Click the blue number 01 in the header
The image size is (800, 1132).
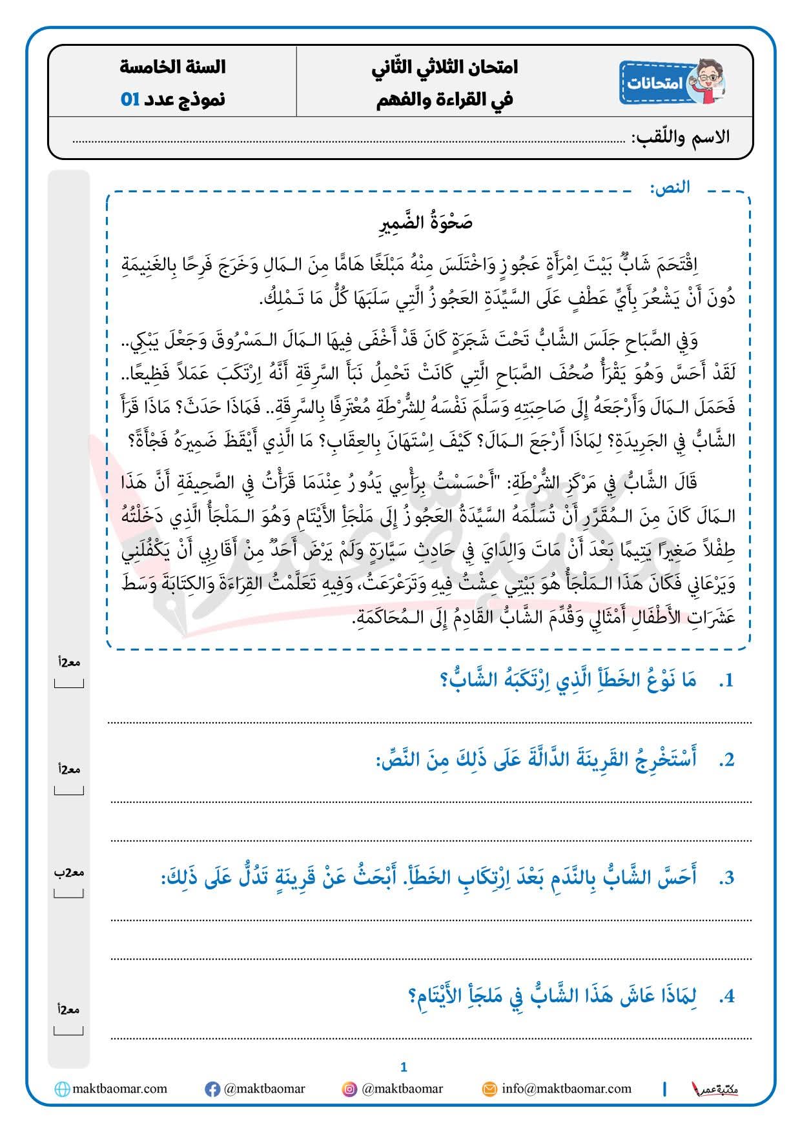click(x=130, y=99)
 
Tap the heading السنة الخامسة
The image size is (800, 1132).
click(x=172, y=66)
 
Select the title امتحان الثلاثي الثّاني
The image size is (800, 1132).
click(x=445, y=66)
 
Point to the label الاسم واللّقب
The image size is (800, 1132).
click(x=681, y=137)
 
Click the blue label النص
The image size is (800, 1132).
click(x=670, y=187)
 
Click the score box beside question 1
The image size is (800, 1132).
click(x=69, y=683)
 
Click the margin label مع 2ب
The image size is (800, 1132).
click(x=69, y=873)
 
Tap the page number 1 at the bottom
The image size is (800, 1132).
click(x=404, y=1067)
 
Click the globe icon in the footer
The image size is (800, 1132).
click(x=63, y=1089)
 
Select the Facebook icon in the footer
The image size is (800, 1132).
click(x=212, y=1089)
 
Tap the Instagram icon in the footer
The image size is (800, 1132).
click(x=349, y=1089)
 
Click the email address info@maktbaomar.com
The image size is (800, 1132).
click(x=566, y=1089)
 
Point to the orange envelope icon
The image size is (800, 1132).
click(x=490, y=1089)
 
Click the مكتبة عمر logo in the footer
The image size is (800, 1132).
click(x=715, y=1089)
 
